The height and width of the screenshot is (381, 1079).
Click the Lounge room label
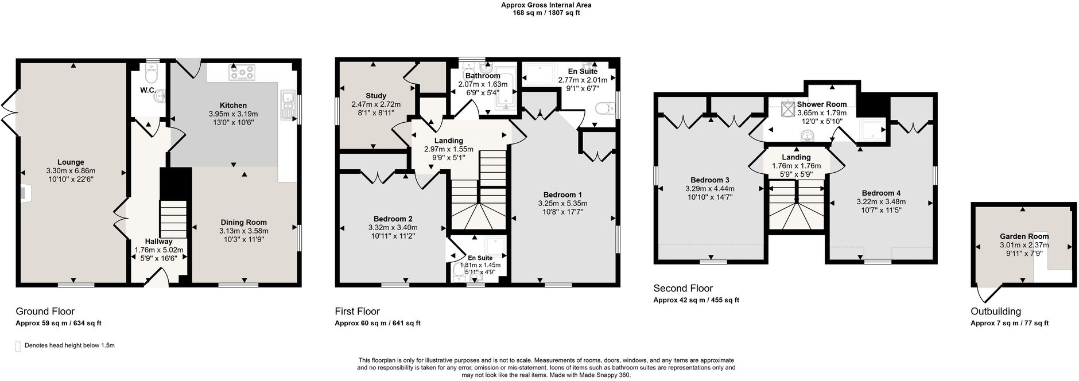coord(71,162)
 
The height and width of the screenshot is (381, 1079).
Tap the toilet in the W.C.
coord(152,75)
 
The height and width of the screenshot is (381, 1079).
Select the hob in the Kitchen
coord(242,73)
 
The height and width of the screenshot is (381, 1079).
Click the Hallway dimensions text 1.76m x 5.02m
coord(159,250)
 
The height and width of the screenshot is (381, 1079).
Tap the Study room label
coord(376,96)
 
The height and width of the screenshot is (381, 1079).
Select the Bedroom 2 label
coord(393,219)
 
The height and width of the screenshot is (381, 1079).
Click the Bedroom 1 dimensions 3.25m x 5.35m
coord(562,203)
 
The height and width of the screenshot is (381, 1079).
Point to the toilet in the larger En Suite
coord(604,108)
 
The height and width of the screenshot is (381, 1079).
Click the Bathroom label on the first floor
coord(483,76)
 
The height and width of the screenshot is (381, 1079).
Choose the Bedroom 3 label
coord(710,180)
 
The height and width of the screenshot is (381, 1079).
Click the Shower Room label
coord(822,104)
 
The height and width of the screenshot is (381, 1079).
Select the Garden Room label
coord(1024,236)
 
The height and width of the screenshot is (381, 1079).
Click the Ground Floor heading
coord(45,312)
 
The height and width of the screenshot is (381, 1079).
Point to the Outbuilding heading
coord(996,312)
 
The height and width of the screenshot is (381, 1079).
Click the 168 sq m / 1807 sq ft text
coord(546,13)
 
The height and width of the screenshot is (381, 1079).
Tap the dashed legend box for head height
coord(18,346)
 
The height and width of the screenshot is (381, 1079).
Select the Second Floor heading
coord(683,289)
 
